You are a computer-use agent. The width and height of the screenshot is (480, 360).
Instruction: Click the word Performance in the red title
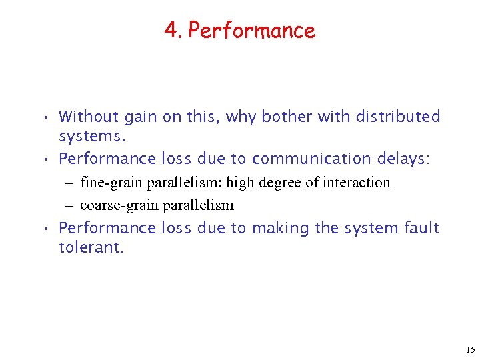251,31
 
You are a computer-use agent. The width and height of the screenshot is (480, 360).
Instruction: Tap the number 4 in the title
171,31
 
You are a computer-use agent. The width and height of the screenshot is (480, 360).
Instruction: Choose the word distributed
398,117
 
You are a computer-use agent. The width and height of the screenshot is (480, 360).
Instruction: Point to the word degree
275,183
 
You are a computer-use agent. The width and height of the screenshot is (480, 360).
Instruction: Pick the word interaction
357,182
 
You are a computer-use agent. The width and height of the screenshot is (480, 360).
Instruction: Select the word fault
421,228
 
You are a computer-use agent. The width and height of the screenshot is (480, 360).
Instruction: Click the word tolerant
91,249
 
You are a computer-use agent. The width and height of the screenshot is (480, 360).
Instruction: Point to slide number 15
470,349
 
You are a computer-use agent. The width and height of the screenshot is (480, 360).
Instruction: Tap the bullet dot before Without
43,118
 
